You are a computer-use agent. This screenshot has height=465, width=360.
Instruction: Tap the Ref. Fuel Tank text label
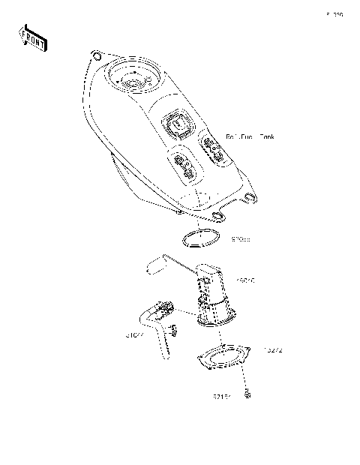click(x=250, y=137)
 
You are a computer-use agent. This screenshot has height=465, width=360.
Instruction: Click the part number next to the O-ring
click(x=240, y=239)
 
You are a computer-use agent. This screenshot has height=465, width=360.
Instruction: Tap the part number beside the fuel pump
click(x=245, y=281)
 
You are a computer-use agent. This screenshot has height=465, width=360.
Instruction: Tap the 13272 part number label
click(x=271, y=350)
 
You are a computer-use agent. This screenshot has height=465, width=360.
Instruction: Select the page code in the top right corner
click(x=334, y=13)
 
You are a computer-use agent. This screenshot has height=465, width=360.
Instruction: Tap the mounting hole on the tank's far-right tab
click(x=250, y=197)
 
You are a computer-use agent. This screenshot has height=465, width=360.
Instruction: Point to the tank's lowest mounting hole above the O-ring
click(x=218, y=217)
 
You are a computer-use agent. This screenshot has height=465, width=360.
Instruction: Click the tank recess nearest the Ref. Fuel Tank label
click(x=211, y=150)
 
